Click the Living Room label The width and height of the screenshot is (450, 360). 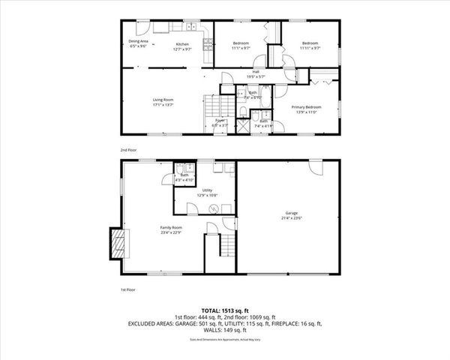142,102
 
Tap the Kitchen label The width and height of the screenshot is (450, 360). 182,46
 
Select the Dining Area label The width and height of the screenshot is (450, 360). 138,43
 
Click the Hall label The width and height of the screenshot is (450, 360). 256,74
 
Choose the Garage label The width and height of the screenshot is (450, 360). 292,215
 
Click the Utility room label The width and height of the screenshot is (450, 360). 208,193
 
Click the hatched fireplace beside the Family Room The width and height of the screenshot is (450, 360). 118,244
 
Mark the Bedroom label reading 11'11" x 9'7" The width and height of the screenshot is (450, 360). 310,46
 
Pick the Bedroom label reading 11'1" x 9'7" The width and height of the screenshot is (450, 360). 240,46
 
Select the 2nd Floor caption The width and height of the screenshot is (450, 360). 128,150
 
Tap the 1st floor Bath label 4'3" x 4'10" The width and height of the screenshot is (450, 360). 184,178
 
